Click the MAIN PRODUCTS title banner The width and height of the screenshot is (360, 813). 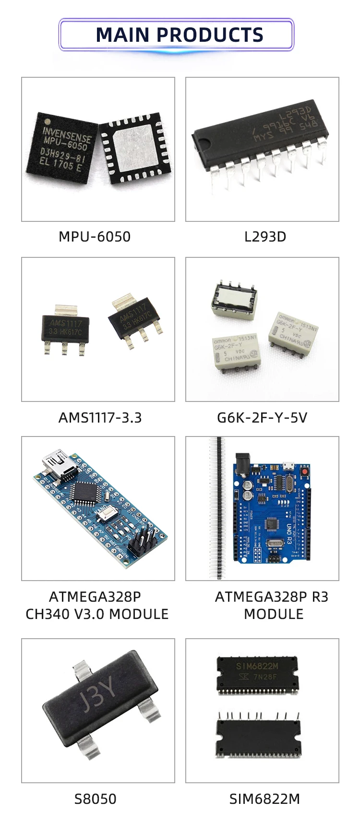179,35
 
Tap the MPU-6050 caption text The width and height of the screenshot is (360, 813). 95,237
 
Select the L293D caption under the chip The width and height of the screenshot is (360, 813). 265,237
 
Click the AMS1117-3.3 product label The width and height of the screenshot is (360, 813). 100,418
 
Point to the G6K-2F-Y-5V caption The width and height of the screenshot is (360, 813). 262,418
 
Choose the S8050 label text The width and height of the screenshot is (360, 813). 95,799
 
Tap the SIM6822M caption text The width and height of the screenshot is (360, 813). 264,799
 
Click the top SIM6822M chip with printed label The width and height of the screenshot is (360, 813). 257,672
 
